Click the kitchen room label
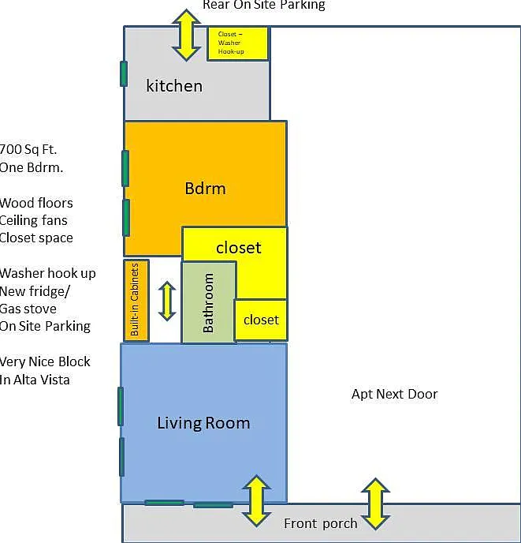[174, 86]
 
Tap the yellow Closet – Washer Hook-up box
[238, 43]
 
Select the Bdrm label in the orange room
[205, 189]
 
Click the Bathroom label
[208, 302]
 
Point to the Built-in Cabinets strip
[136, 300]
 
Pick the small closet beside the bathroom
[261, 320]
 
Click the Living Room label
[203, 423]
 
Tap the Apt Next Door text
[395, 394]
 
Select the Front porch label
[320, 523]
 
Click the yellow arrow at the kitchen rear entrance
[187, 36]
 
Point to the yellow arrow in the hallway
[167, 301]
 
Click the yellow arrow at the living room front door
[256, 501]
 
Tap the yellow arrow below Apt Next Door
[376, 504]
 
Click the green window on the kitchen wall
[124, 73]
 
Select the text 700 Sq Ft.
[28, 150]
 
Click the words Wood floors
[36, 203]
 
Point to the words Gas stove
[28, 309]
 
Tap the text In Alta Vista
[35, 380]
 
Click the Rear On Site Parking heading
[264, 6]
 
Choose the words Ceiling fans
[34, 221]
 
